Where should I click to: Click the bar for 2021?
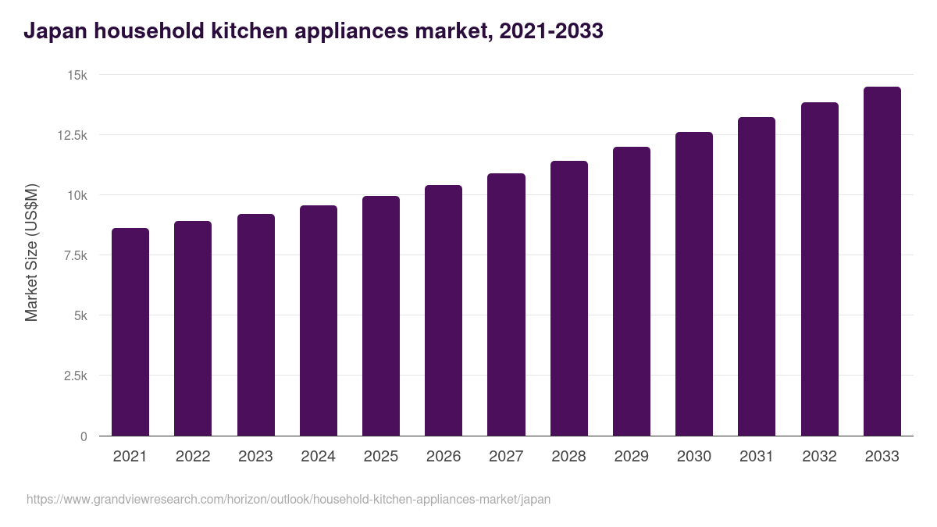[130, 332]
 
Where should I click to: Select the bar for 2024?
[319, 321]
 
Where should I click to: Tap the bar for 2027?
[506, 304]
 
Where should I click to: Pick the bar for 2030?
[694, 284]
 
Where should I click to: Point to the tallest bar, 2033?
[882, 262]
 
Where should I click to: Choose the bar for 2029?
[632, 291]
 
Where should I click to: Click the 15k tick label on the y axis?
[77, 75]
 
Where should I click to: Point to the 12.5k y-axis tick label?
[72, 135]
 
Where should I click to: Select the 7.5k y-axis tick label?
[75, 255]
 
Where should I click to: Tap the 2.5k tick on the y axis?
[75, 376]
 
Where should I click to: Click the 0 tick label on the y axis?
[84, 436]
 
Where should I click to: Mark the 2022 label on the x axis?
[193, 457]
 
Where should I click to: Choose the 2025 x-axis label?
[381, 457]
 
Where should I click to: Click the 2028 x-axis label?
[568, 457]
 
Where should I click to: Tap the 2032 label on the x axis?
[819, 457]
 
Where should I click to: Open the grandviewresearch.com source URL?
[288, 499]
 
